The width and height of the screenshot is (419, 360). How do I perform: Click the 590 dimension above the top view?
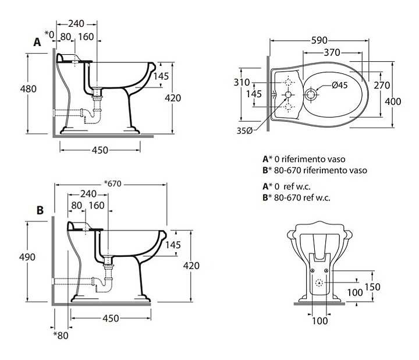click(319, 40)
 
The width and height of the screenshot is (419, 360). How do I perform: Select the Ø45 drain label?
click(340, 85)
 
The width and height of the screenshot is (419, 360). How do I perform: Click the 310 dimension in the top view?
click(242, 82)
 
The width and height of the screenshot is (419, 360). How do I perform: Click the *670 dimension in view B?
click(111, 184)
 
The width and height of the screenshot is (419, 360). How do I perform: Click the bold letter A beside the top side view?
click(37, 42)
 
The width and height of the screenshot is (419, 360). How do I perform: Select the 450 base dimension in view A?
click(100, 150)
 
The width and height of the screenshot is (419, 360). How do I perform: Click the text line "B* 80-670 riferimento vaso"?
click(315, 170)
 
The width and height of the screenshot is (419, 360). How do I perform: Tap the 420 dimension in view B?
click(191, 266)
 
